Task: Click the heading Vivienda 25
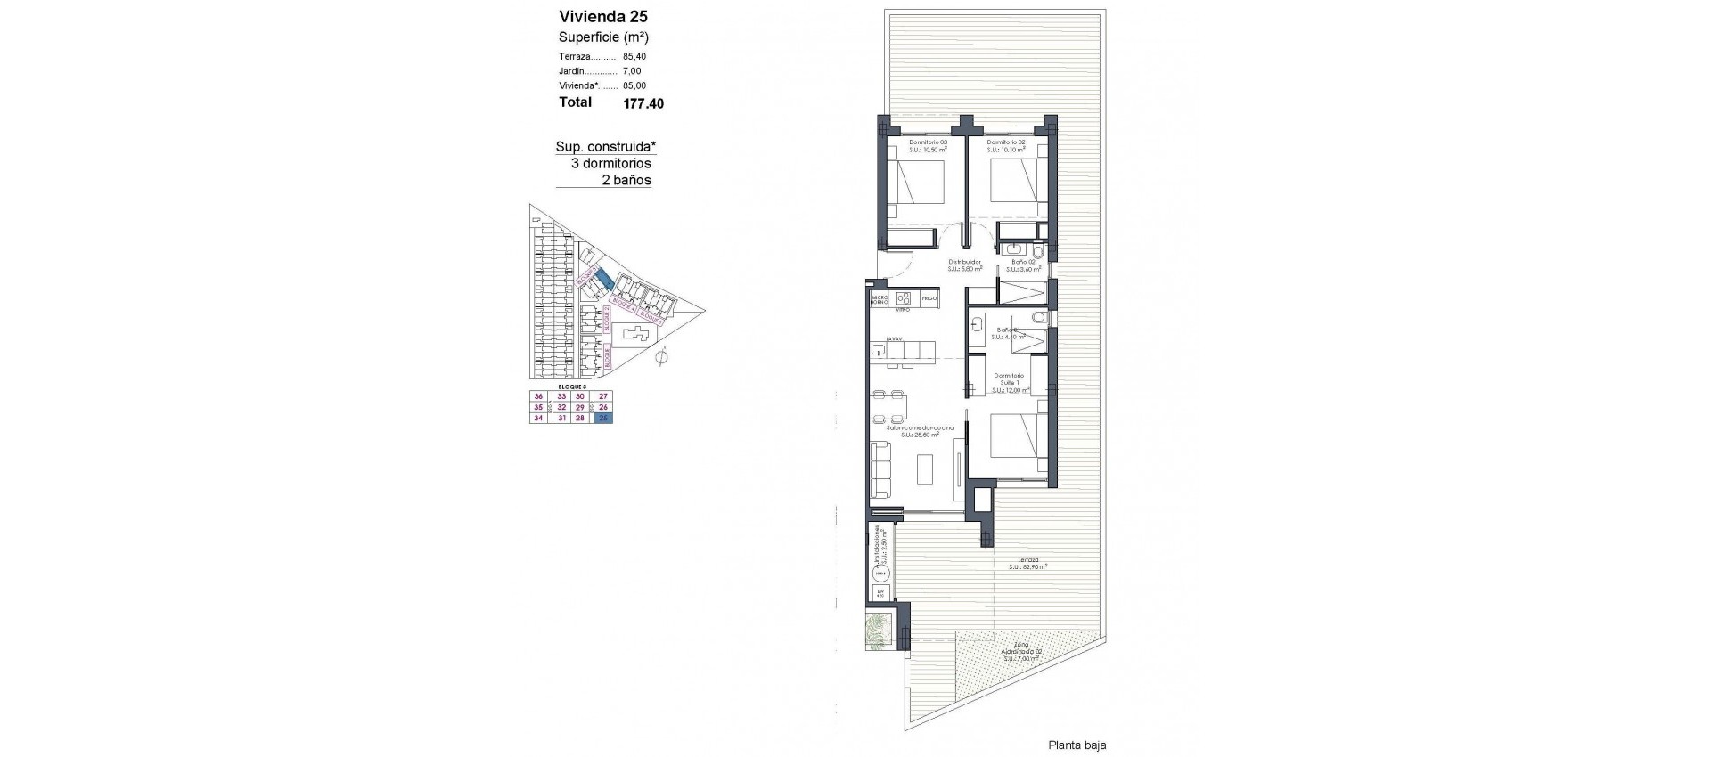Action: click(603, 16)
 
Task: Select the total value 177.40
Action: click(643, 103)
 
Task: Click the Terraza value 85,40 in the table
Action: click(634, 56)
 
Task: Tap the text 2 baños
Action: click(626, 180)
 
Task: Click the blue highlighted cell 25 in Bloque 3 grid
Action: click(604, 418)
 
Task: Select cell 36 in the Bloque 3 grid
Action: click(538, 397)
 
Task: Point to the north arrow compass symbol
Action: click(660, 358)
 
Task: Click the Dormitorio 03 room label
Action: click(928, 142)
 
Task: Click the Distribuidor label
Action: click(964, 263)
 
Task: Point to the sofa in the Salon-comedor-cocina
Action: click(880, 470)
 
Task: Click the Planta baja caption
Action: click(1077, 745)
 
